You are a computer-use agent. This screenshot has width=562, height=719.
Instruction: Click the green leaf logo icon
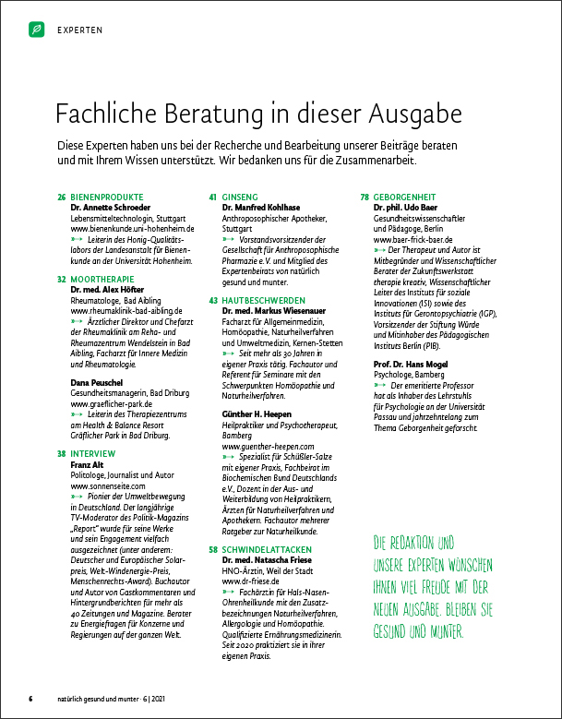(x=36, y=29)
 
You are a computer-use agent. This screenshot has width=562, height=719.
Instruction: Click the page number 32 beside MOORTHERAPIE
(x=62, y=278)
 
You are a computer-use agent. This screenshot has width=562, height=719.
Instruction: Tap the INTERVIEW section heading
(x=93, y=454)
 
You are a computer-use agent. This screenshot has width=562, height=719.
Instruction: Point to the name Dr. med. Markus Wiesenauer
(x=274, y=312)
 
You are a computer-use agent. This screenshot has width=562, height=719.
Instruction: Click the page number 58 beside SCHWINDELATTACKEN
(x=213, y=549)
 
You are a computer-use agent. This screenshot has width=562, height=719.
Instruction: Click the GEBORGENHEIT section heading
(x=410, y=198)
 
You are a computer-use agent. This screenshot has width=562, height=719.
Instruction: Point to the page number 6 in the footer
(x=30, y=697)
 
